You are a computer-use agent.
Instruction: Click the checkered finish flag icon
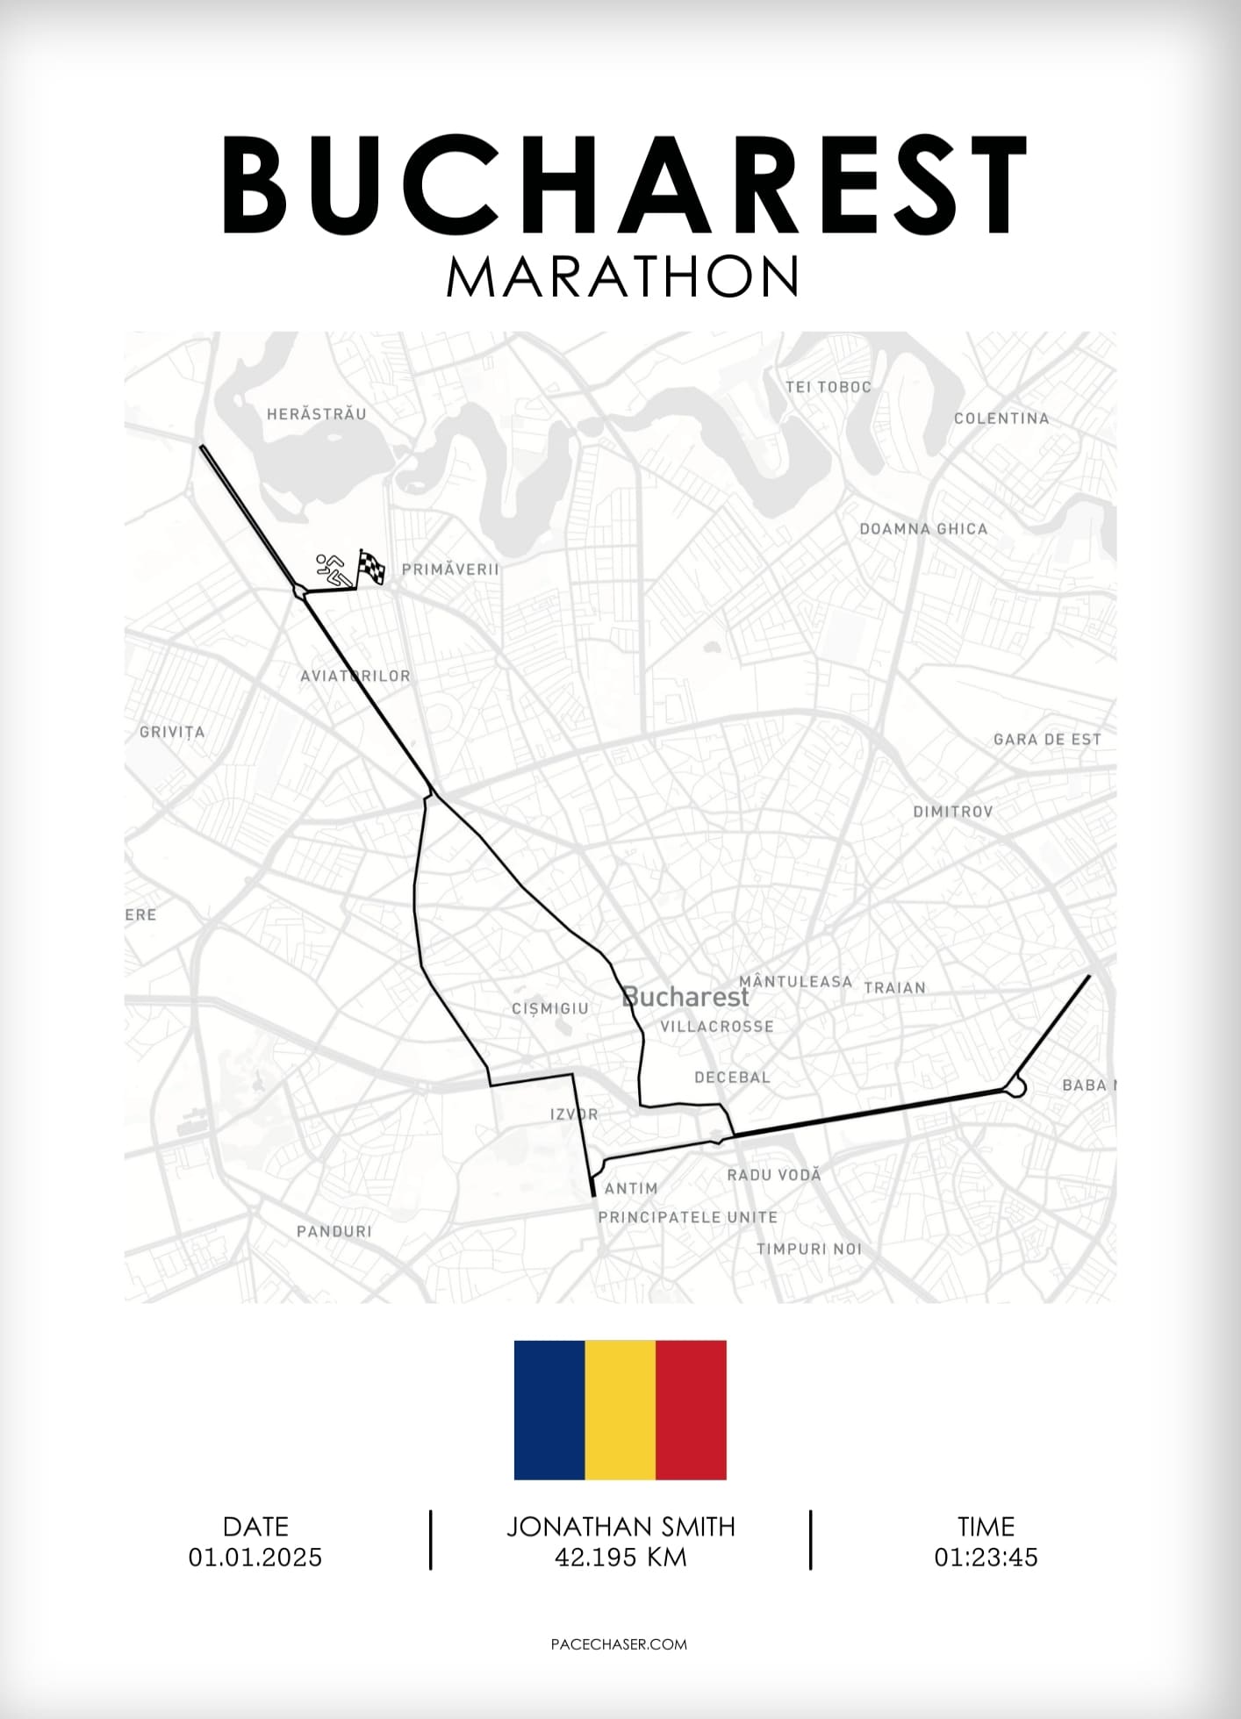tap(371, 567)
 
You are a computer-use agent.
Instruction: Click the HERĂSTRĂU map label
tap(317, 414)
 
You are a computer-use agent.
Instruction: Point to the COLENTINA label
tap(1001, 419)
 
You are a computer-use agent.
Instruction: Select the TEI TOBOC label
tap(829, 387)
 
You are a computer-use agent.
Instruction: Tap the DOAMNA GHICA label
tap(923, 529)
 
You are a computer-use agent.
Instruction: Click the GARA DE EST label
tap(1047, 740)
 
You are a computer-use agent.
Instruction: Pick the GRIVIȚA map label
tap(172, 732)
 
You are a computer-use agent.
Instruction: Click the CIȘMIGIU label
tap(550, 1008)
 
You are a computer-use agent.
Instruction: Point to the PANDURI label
tap(334, 1231)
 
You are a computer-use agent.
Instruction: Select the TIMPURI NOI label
tap(809, 1249)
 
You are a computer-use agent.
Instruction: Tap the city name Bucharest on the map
tap(685, 998)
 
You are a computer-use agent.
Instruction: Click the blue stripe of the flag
tap(549, 1410)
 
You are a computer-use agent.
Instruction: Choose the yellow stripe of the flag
tap(620, 1410)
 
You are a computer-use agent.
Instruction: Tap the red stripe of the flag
tap(691, 1410)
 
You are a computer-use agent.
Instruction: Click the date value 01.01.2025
tap(255, 1558)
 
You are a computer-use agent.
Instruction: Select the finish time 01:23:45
tap(986, 1558)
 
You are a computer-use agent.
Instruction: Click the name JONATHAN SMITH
tap(620, 1527)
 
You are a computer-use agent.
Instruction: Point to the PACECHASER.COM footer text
tap(619, 1644)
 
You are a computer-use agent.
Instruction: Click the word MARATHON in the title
tap(622, 276)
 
